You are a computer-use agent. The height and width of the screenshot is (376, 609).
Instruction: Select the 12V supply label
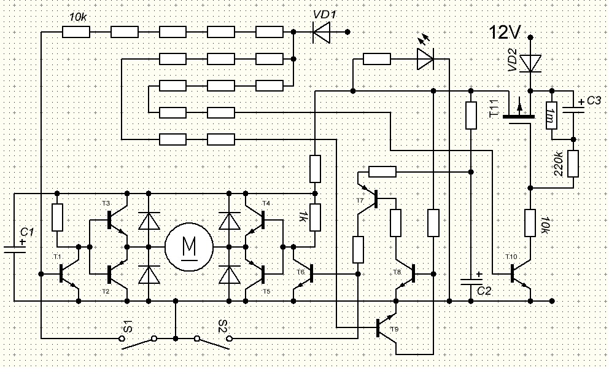(505, 32)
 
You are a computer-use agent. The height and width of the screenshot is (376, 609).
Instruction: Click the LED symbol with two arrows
(424, 59)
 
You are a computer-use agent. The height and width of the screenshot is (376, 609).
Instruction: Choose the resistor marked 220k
(573, 164)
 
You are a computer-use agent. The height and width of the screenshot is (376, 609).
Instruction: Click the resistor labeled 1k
(315, 217)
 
